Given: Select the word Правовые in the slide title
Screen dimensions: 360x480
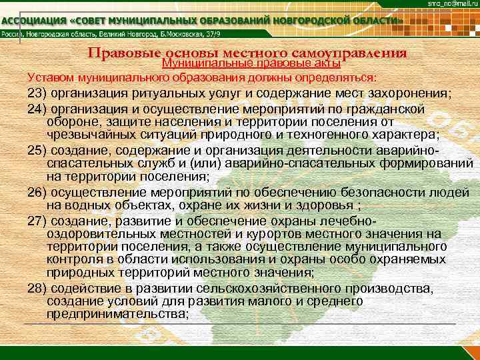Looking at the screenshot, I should (123, 53).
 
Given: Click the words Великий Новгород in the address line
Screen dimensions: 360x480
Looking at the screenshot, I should (143, 35).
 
